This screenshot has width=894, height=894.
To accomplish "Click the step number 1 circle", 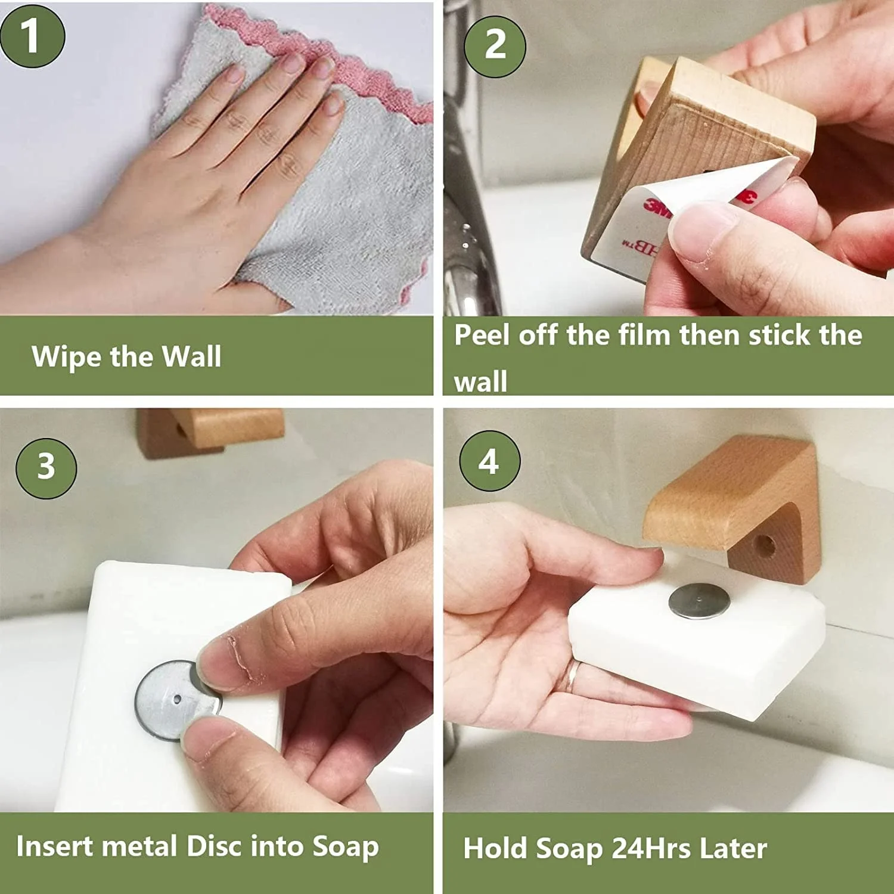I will pyautogui.click(x=32, y=36).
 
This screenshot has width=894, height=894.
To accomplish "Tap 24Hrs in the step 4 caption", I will pyautogui.click(x=651, y=848).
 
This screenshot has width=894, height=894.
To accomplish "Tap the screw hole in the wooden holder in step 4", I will pyautogui.click(x=765, y=545).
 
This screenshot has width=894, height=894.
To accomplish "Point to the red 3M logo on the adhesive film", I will pyautogui.click(x=656, y=206).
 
